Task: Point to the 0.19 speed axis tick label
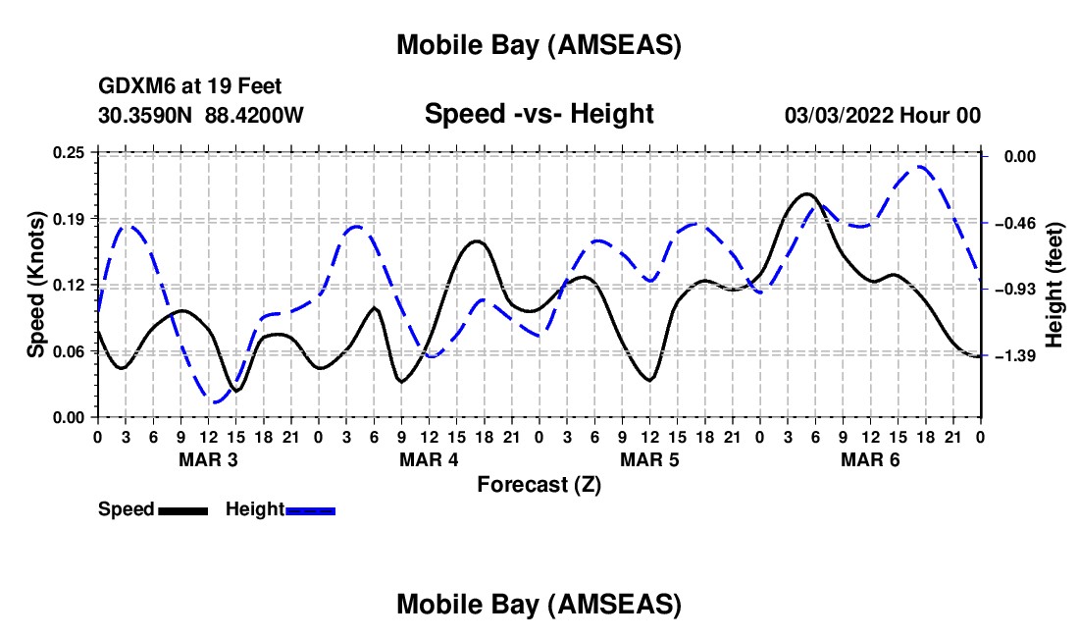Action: click(x=70, y=218)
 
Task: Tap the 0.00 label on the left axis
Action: click(x=70, y=417)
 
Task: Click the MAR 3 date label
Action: click(x=208, y=459)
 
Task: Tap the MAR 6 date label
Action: click(x=870, y=459)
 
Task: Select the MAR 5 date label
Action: click(x=649, y=459)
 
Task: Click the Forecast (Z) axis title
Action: click(x=539, y=485)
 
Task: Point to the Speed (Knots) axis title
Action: click(x=36, y=285)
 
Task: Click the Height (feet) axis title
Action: click(x=1054, y=285)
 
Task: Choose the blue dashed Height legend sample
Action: click(x=310, y=510)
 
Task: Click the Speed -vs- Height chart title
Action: click(x=539, y=114)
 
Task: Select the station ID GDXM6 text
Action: click(x=133, y=87)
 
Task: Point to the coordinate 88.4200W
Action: click(x=254, y=116)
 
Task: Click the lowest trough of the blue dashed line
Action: click(x=216, y=401)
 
